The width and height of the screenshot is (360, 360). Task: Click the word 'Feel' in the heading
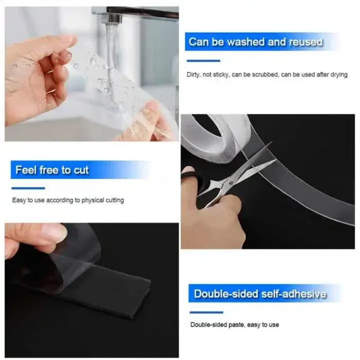tap(26, 170)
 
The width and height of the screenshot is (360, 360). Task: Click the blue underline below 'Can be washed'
tap(204, 60)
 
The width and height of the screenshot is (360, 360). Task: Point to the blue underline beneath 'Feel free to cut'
tap(28, 188)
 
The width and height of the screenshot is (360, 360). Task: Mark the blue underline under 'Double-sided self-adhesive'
tap(206, 312)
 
